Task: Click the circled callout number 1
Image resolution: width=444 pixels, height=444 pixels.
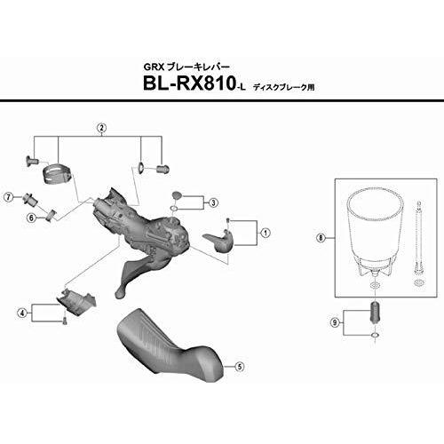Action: click(x=266, y=233)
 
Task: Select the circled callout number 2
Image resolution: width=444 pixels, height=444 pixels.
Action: click(x=101, y=128)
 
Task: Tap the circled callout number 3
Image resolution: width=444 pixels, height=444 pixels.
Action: click(x=213, y=202)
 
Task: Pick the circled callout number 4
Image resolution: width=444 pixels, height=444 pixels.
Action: click(x=22, y=313)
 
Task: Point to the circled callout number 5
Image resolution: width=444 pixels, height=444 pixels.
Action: click(x=239, y=367)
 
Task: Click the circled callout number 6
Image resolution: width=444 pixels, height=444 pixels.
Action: click(x=31, y=218)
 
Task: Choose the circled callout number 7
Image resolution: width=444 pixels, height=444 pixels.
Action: click(x=9, y=196)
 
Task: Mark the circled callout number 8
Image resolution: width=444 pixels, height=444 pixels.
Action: click(x=321, y=238)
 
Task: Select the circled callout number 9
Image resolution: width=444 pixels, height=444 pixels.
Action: click(x=335, y=322)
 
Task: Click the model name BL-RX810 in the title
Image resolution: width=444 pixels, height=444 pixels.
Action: click(x=188, y=83)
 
